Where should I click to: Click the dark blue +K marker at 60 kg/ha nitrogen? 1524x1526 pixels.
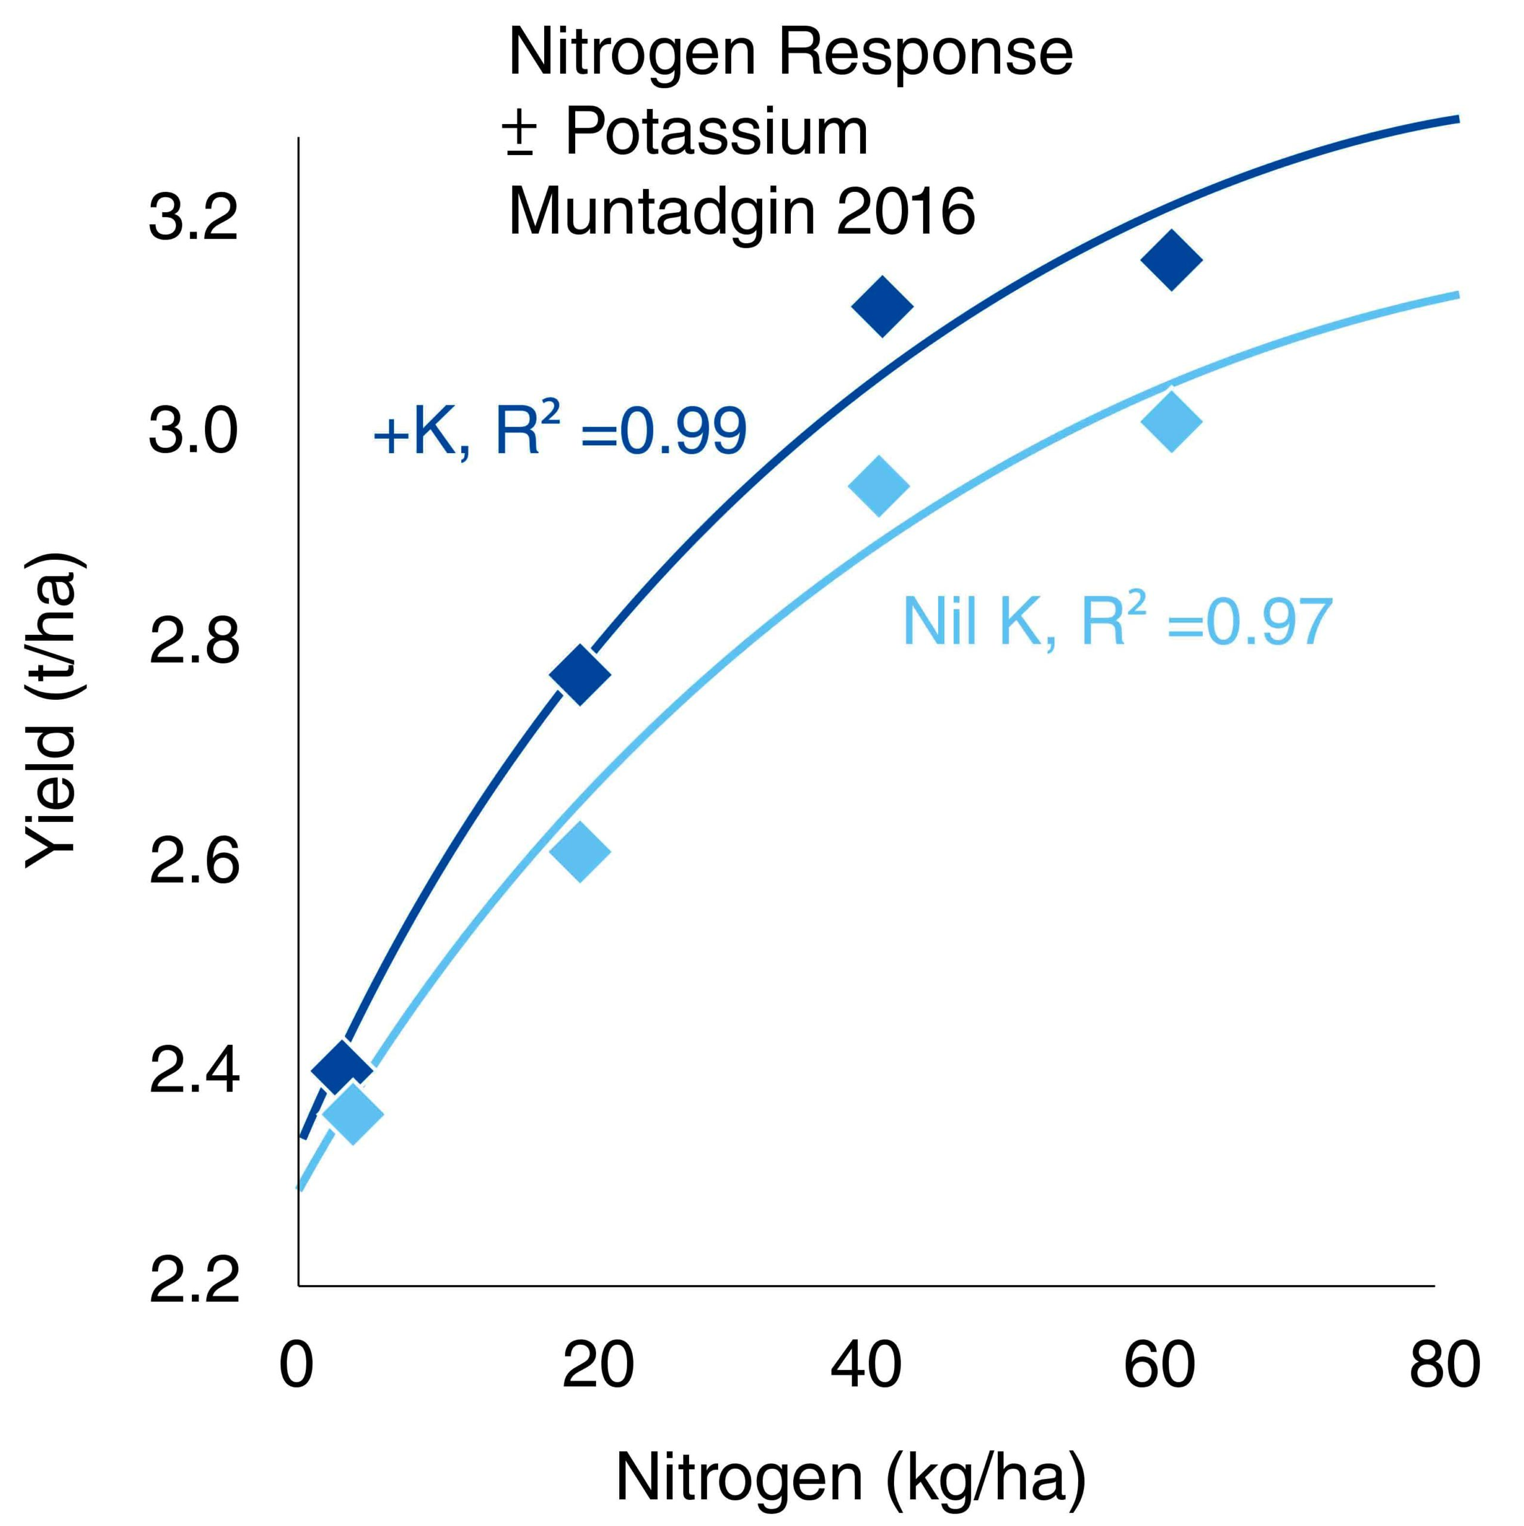1171,260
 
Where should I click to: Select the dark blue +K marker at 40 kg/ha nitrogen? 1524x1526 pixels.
882,306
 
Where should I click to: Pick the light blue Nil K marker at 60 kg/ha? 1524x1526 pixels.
1171,420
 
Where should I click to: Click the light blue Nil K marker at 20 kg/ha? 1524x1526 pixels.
579,851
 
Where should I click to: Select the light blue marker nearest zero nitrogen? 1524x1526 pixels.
352,1114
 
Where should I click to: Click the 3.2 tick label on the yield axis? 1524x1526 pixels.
193,218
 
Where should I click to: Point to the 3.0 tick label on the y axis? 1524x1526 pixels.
193,431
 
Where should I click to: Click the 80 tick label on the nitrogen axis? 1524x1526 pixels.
1444,1365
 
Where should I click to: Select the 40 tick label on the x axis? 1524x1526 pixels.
865,1365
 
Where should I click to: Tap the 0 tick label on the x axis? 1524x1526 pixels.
297,1365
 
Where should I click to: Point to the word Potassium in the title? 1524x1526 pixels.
716,131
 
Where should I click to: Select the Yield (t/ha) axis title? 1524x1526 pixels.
51,711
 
